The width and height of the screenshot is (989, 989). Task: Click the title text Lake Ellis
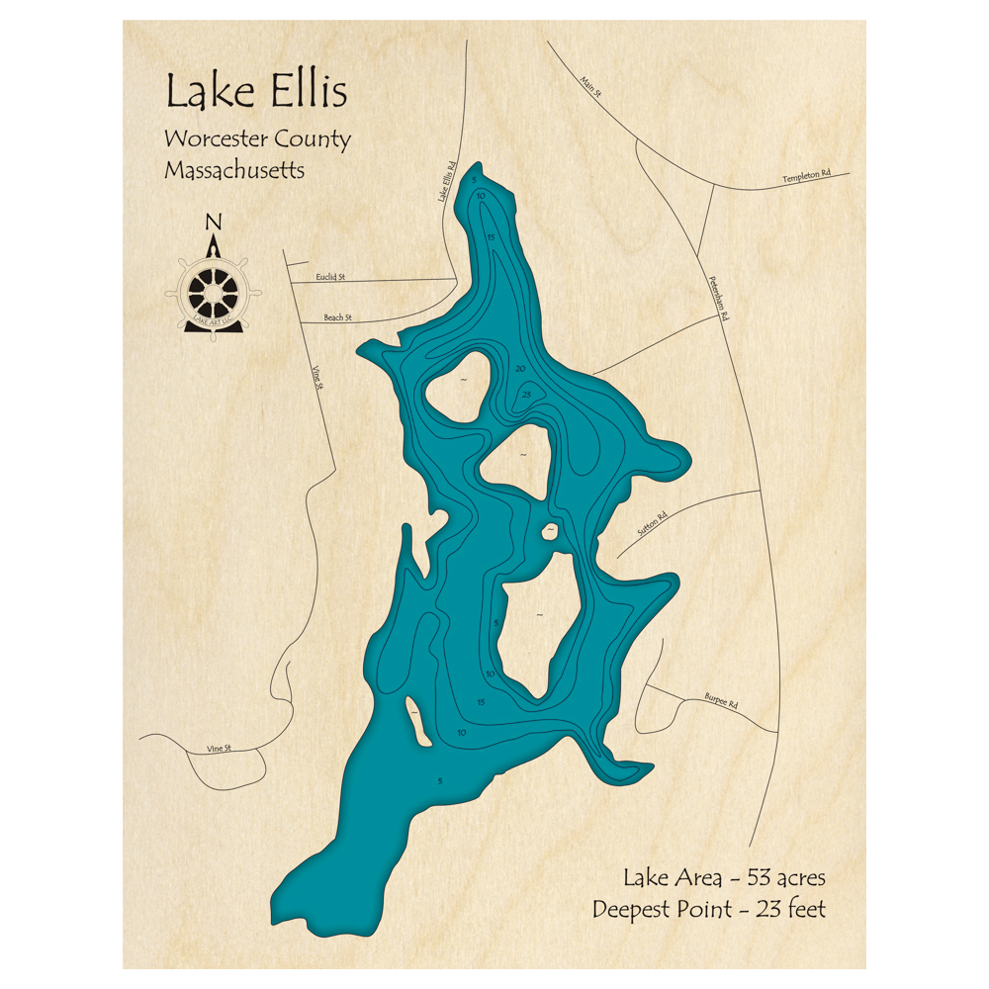coord(256,93)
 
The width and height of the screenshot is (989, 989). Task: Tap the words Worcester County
coord(257,139)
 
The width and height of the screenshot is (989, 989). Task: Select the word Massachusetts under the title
coord(234,170)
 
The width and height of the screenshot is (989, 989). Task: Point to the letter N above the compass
coord(213,223)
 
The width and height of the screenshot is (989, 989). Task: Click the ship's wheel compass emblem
coord(213,291)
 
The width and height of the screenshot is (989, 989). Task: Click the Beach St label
coord(338,317)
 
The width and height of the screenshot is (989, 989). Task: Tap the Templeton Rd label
coord(806,176)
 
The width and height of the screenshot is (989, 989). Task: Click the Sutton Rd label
coord(654,522)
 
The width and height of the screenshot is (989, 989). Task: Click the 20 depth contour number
coord(520,369)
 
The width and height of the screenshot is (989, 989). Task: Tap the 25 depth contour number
coord(527,395)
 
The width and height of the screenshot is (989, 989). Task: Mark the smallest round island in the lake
coord(547,532)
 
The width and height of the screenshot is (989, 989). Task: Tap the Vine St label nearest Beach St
coord(317,377)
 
